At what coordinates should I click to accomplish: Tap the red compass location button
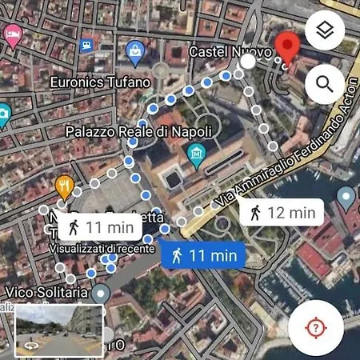click(316, 328)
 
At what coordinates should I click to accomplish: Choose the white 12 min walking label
click(281, 213)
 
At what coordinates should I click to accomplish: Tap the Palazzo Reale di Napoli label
click(138, 130)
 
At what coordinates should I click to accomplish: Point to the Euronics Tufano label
click(99, 82)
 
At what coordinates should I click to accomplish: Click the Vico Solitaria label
click(46, 293)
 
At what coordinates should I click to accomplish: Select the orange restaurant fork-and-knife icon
click(65, 186)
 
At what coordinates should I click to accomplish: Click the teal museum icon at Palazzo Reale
click(195, 152)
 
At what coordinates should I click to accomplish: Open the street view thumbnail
click(59, 331)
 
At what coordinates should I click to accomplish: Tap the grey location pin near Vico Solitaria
click(100, 294)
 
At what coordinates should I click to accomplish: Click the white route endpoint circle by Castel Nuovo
click(249, 62)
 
